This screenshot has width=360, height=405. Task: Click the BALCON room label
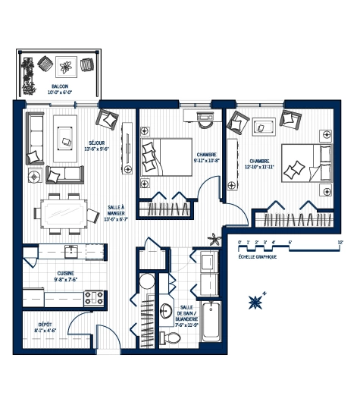(60, 87)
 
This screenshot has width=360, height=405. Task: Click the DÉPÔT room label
(45, 324)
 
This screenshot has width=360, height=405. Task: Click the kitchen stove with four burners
(93, 295)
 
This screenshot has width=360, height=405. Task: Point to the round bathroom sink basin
(166, 310)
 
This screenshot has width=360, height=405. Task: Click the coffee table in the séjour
(66, 134)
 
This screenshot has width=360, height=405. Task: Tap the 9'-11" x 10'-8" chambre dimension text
(206, 160)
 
